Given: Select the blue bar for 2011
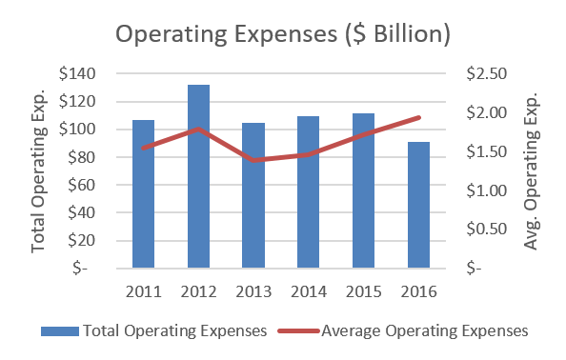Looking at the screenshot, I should [x=143, y=194].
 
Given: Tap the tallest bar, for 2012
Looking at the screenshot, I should [x=198, y=176].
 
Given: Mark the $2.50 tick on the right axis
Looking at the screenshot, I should [x=487, y=74].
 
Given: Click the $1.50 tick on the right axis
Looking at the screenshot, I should [x=487, y=151].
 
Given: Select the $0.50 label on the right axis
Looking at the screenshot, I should [x=487, y=230].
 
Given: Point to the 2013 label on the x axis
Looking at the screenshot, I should [x=253, y=290].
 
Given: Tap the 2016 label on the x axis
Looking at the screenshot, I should [x=418, y=290].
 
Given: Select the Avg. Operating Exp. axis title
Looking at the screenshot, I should [x=532, y=171].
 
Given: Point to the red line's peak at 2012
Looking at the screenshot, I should [x=198, y=128].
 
